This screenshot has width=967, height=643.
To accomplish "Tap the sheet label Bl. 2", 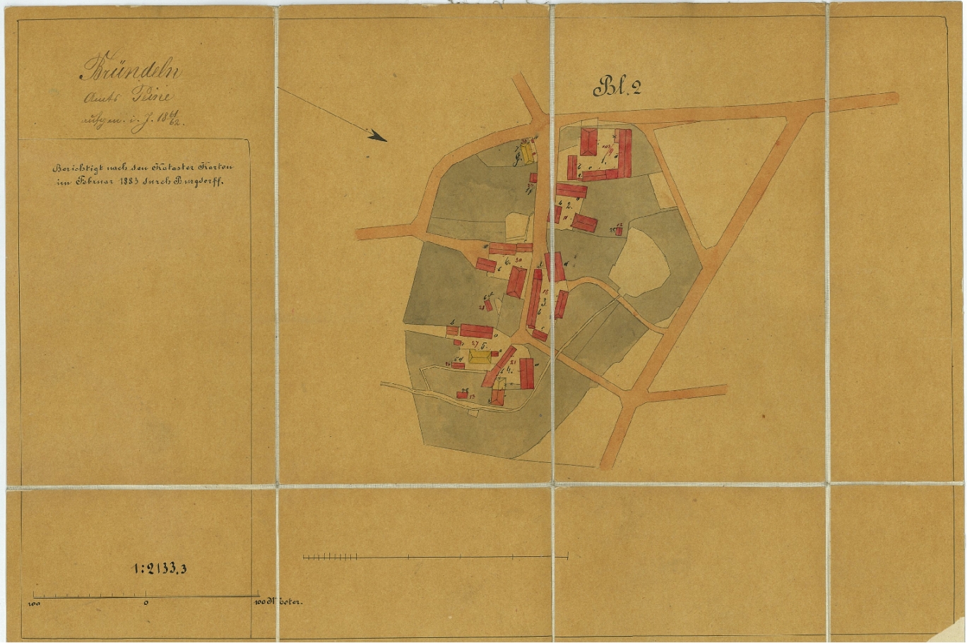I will pyautogui.click(x=617, y=87).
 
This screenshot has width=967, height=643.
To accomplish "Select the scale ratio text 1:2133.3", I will pyautogui.click(x=160, y=569).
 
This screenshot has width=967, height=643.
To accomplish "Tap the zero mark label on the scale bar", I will pyautogui.click(x=146, y=603).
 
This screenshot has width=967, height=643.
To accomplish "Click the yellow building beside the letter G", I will pyautogui.click(x=528, y=154).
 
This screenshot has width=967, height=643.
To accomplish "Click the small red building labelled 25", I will pyautogui.click(x=619, y=231).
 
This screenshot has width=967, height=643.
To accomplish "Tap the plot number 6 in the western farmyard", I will pyautogui.click(x=507, y=260).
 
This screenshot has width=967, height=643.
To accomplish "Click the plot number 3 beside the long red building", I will pyautogui.click(x=543, y=301).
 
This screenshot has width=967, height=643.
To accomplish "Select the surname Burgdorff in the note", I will pyautogui.click(x=202, y=181).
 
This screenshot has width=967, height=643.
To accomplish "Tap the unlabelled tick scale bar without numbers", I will pyautogui.click(x=435, y=557).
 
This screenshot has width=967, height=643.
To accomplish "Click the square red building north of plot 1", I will pyautogui.click(x=588, y=141).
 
